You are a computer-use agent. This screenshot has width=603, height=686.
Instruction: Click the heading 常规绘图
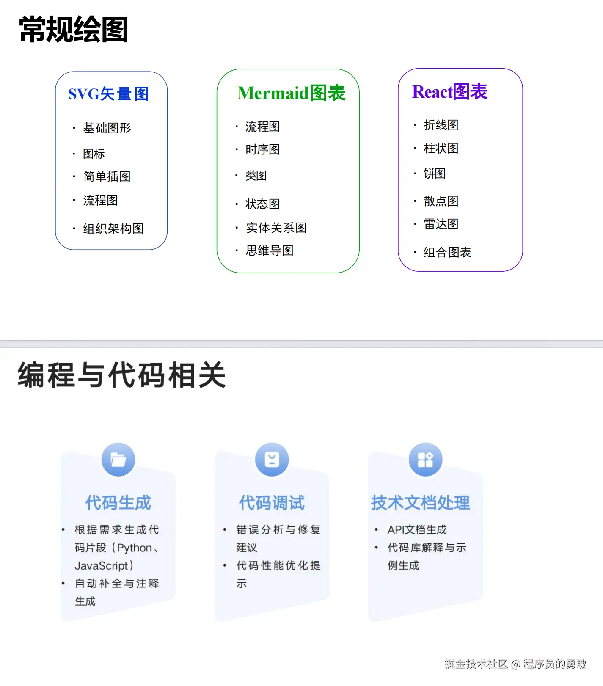coord(74,30)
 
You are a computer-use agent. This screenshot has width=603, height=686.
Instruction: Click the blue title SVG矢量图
coord(108,94)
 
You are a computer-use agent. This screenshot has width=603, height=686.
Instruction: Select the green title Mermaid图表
coord(292,93)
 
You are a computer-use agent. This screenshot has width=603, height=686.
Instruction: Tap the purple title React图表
coord(450,92)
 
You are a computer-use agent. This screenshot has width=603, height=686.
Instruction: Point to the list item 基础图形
coord(107,128)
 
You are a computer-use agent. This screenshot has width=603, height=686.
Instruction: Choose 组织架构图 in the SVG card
coord(113,229)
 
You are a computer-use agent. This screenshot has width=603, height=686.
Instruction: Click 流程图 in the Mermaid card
coord(262,127)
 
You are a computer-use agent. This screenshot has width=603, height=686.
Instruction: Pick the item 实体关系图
coord(276,228)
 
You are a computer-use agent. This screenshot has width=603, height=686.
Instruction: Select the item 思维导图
coord(270,251)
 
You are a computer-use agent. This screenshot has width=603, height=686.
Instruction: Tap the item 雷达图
coord(441,224)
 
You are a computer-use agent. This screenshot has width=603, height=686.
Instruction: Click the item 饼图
coord(435,174)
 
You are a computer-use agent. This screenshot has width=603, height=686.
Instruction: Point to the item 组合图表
coord(447,253)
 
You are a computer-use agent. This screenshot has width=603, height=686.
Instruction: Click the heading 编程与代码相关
coord(122,375)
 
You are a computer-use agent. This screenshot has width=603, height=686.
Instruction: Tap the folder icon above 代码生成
coord(118,460)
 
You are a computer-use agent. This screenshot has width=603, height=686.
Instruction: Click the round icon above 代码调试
coord(272,460)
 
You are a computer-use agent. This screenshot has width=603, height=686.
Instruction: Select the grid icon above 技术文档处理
coord(425,460)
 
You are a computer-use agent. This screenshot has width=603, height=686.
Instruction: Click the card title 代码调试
coord(272,503)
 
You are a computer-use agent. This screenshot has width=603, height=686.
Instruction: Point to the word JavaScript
coord(102,566)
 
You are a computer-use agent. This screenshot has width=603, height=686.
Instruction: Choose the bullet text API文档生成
coord(417,530)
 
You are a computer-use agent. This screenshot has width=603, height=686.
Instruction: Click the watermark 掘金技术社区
coord(476,664)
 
